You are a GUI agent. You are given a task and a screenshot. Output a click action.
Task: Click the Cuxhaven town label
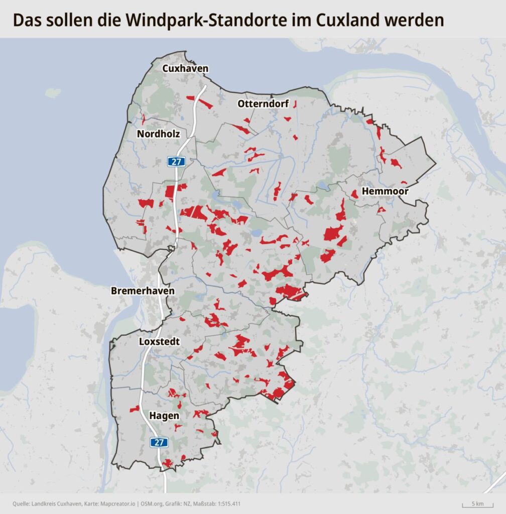tap(185, 69)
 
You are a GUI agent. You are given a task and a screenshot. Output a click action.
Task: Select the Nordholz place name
tap(158, 134)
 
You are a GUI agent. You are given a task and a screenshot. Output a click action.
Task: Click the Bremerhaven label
tap(143, 291)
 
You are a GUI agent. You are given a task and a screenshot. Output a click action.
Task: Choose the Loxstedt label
tap(159, 341)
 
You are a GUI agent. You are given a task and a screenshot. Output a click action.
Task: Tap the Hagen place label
tap(164, 416)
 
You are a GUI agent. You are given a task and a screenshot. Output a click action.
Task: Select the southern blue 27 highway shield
tap(159, 442)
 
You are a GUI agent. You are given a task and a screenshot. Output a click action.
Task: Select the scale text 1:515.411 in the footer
tap(228, 503)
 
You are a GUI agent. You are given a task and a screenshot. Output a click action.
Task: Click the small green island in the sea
tap(53, 93)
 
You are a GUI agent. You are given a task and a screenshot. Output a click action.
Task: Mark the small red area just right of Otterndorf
tap(295, 104)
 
